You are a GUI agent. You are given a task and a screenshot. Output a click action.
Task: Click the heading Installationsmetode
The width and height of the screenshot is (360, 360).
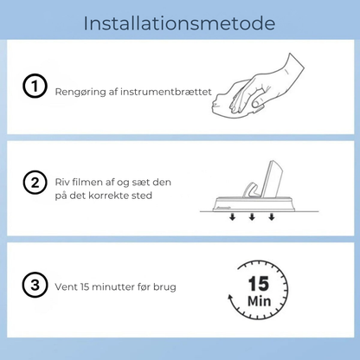(180, 22)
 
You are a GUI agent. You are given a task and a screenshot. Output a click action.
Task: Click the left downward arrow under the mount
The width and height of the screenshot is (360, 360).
(231, 217)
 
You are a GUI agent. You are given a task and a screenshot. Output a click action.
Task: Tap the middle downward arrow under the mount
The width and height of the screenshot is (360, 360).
(251, 217)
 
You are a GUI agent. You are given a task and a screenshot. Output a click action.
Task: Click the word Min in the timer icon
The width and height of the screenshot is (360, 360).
(258, 300)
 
